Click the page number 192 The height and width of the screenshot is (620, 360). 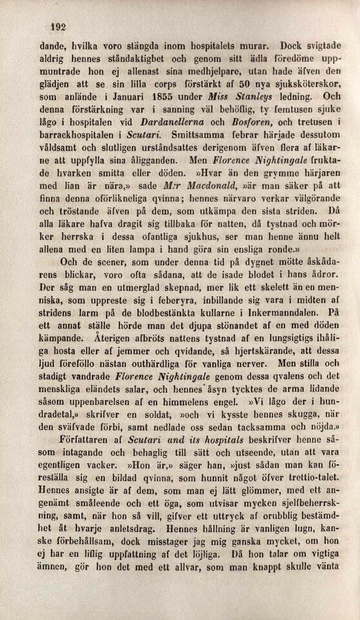point(59,26)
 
